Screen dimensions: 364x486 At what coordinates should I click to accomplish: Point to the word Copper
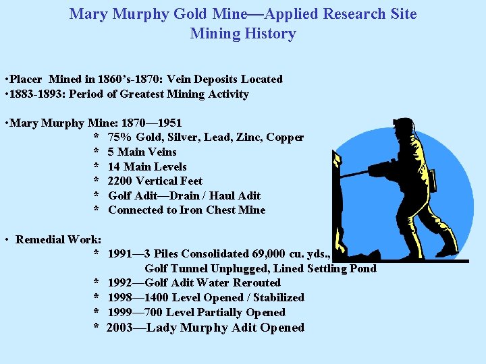[285, 138]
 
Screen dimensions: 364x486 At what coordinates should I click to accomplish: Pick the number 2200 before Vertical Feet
[121, 181]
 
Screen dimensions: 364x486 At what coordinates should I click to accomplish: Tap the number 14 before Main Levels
[114, 166]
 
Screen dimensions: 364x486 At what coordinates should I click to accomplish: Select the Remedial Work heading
[59, 239]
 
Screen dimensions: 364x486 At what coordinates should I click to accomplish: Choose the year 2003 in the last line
[120, 328]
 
